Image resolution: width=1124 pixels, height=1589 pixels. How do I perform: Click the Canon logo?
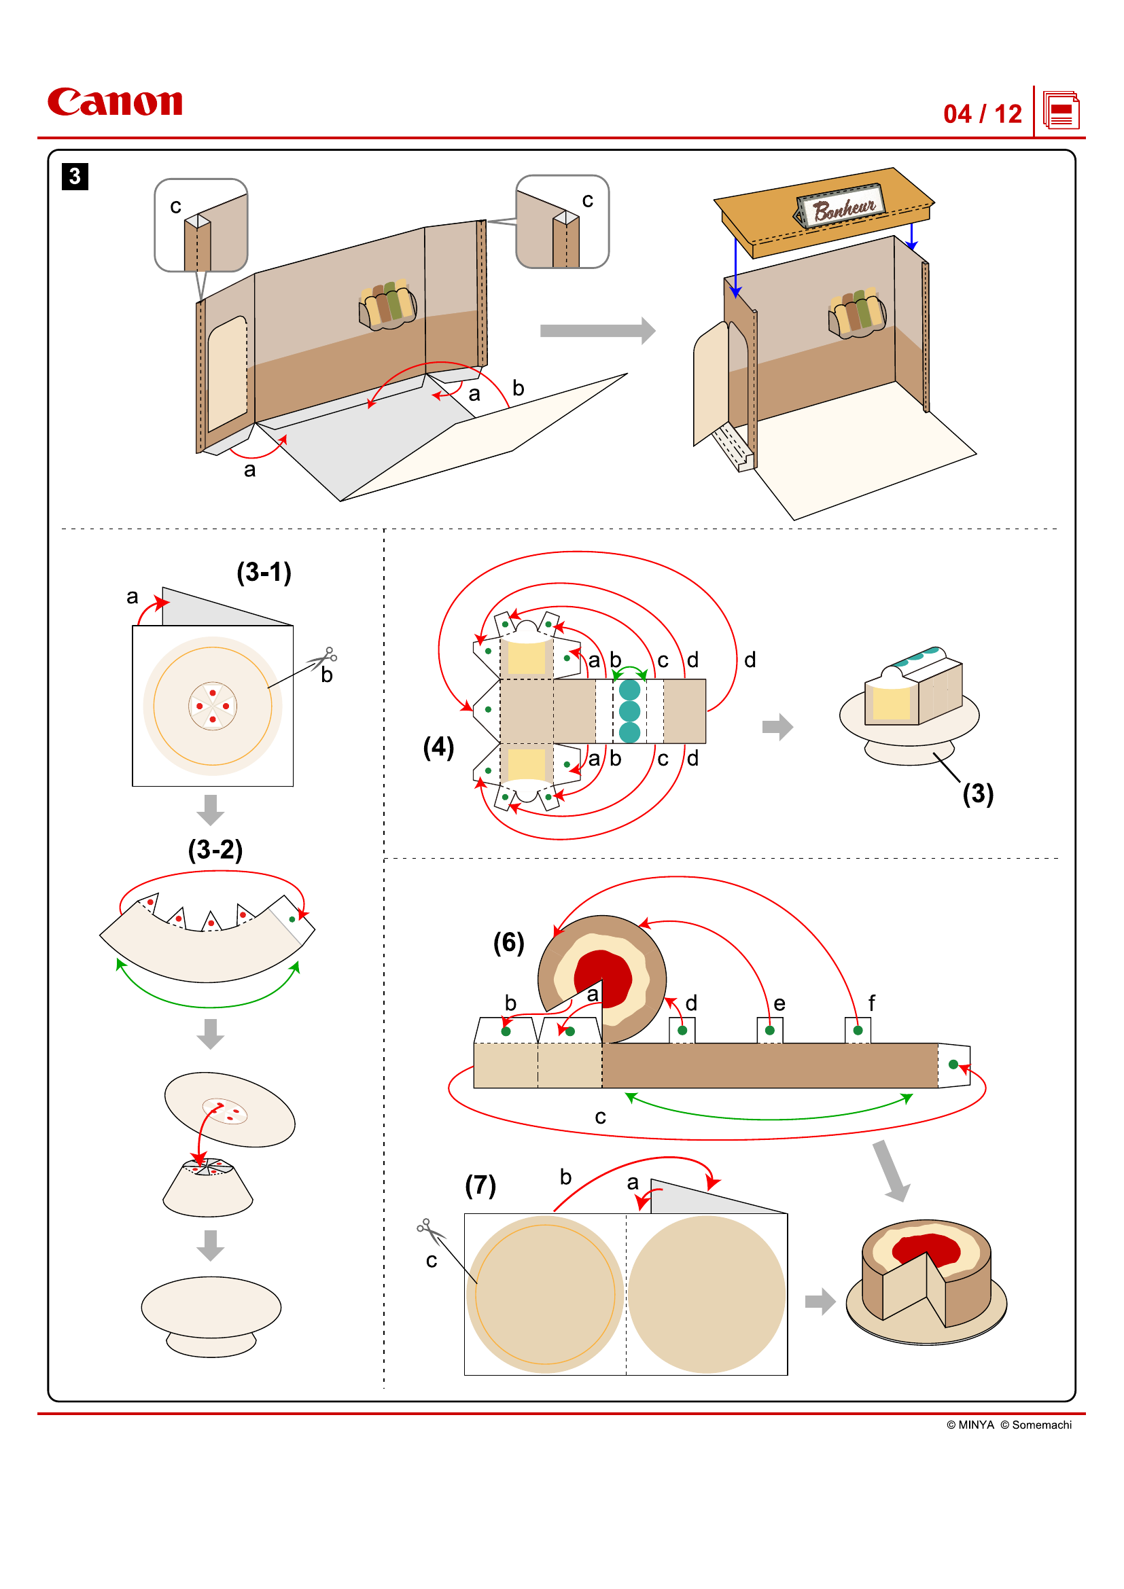pos(115,102)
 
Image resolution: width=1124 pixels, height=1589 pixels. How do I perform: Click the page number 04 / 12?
pos(982,114)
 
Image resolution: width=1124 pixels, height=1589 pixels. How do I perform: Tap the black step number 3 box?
pos(75,177)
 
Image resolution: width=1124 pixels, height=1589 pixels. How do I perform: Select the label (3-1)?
pos(264,572)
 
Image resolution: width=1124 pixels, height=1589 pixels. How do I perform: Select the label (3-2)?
pos(215,849)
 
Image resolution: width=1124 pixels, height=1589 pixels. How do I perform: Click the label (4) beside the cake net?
pos(438,747)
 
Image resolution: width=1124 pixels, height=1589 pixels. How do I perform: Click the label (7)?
pos(480,1185)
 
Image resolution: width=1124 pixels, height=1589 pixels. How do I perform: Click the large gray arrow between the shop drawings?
pos(597,331)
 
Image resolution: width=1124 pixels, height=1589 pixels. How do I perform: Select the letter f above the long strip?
pos(871,1003)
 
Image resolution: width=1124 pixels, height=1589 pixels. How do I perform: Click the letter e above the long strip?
pos(779,1003)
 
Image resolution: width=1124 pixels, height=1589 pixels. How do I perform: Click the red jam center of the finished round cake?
pos(926,1248)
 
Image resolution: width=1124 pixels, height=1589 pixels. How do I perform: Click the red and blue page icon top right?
pos(1061,111)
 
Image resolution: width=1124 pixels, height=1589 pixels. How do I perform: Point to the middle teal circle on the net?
pos(629,711)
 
